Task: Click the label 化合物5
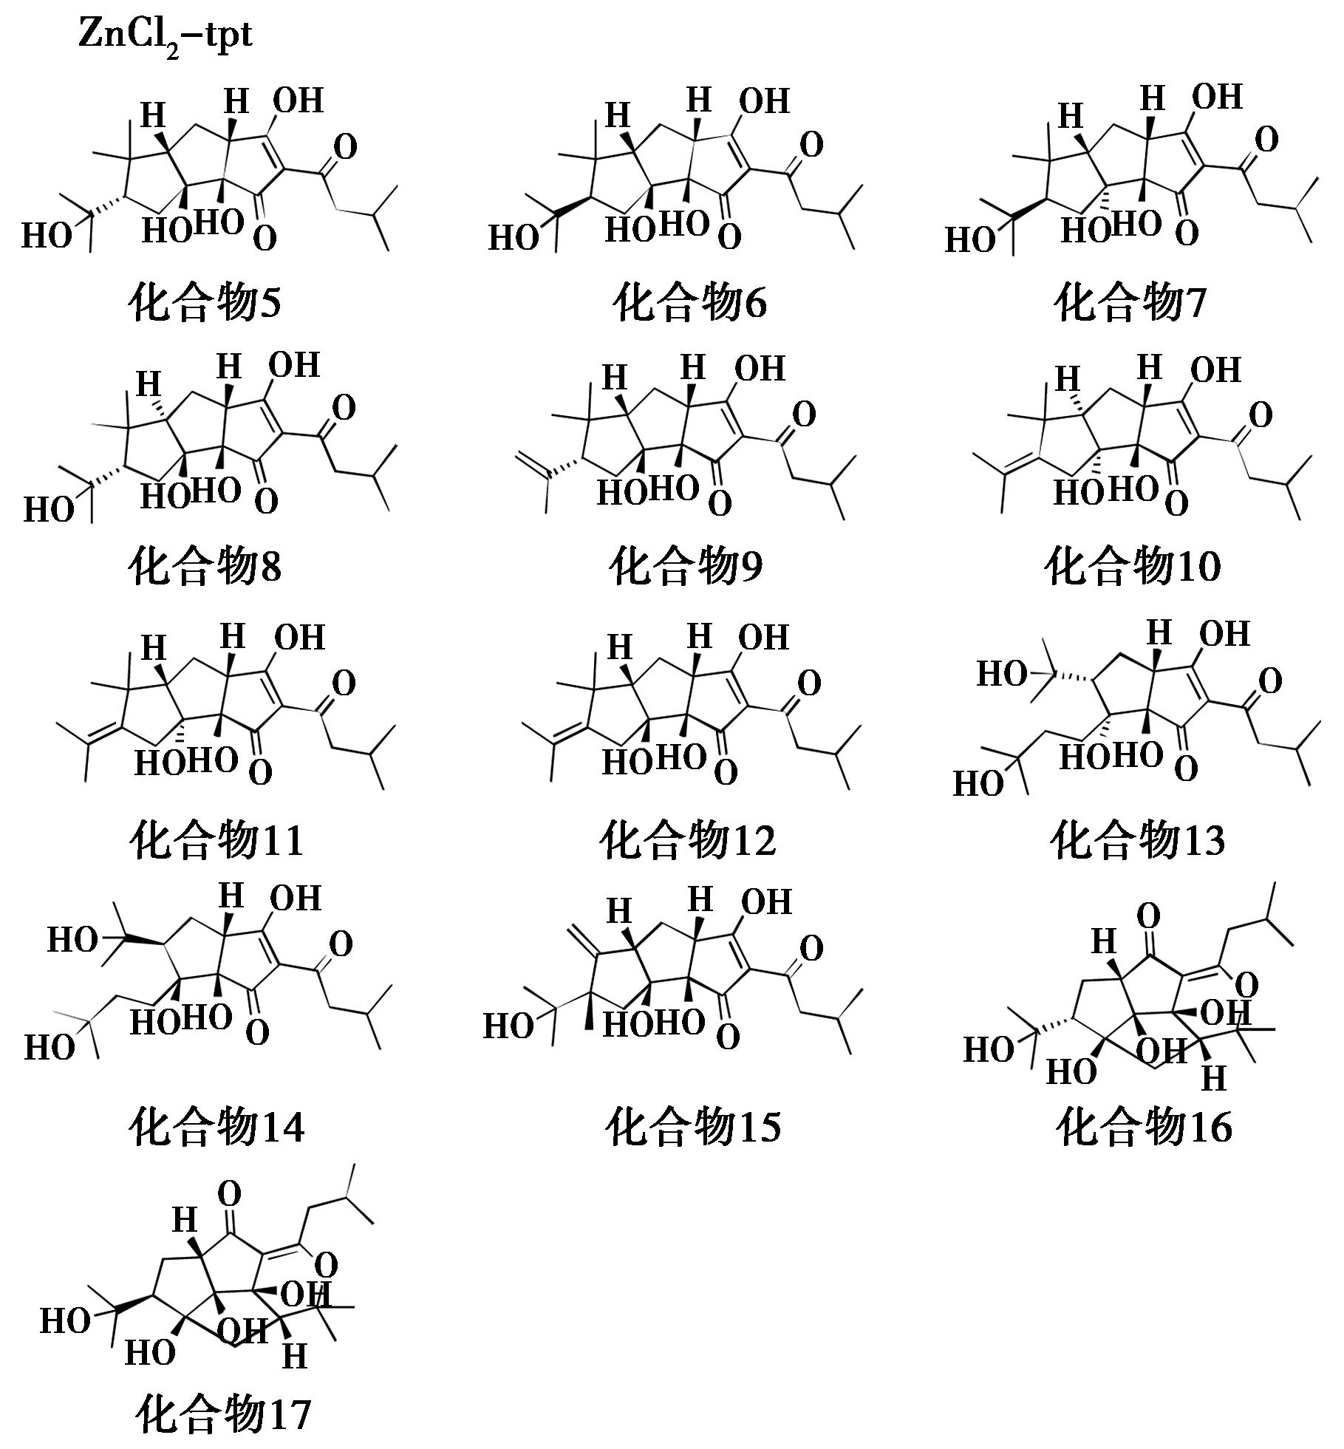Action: point(205,304)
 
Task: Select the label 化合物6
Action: point(690,304)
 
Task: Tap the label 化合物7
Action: point(1130,304)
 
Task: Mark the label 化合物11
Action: point(216,840)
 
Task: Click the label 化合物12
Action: point(688,840)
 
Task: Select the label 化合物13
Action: point(1138,840)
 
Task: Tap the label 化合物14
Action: point(216,1128)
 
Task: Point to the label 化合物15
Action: point(692,1128)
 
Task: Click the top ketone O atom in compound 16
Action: point(1147,916)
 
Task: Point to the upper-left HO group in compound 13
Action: point(1001,674)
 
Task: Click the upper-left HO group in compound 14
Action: point(72,941)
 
